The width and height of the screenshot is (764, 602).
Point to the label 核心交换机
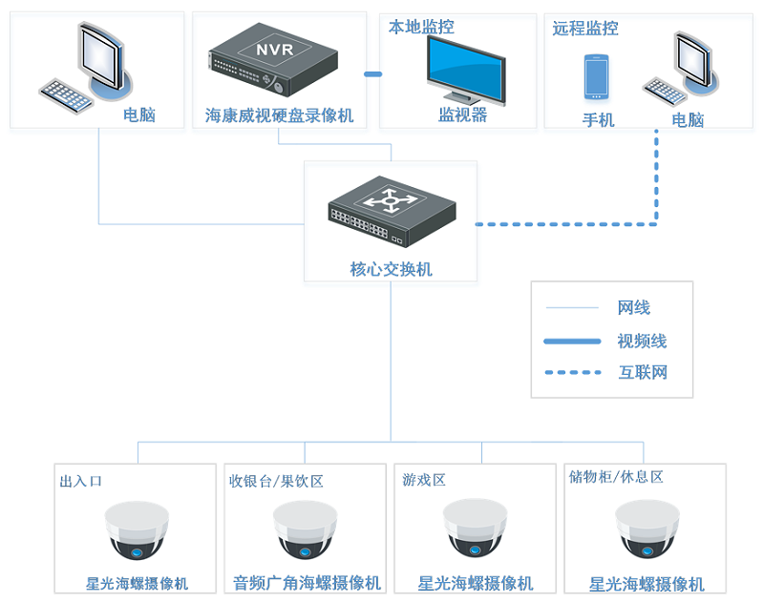pyautogui.click(x=391, y=269)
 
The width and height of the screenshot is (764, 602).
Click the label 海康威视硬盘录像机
pyautogui.click(x=279, y=115)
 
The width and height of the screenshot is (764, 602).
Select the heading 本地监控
pyautogui.click(x=420, y=27)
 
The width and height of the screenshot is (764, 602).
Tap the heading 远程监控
pyautogui.click(x=585, y=28)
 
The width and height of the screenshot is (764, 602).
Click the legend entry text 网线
pyautogui.click(x=634, y=307)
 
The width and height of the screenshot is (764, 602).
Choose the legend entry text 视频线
pyautogui.click(x=642, y=341)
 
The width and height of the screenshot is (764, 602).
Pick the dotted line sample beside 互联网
pyautogui.click(x=572, y=372)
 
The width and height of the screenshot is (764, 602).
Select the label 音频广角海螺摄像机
pyautogui.click(x=307, y=583)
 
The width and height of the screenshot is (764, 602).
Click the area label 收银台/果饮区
pyautogui.click(x=276, y=481)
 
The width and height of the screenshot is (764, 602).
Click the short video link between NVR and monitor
pyautogui.click(x=372, y=73)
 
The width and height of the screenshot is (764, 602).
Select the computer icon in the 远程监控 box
pyautogui.click(x=683, y=72)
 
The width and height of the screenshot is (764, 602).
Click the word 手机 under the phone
pyautogui.click(x=598, y=119)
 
